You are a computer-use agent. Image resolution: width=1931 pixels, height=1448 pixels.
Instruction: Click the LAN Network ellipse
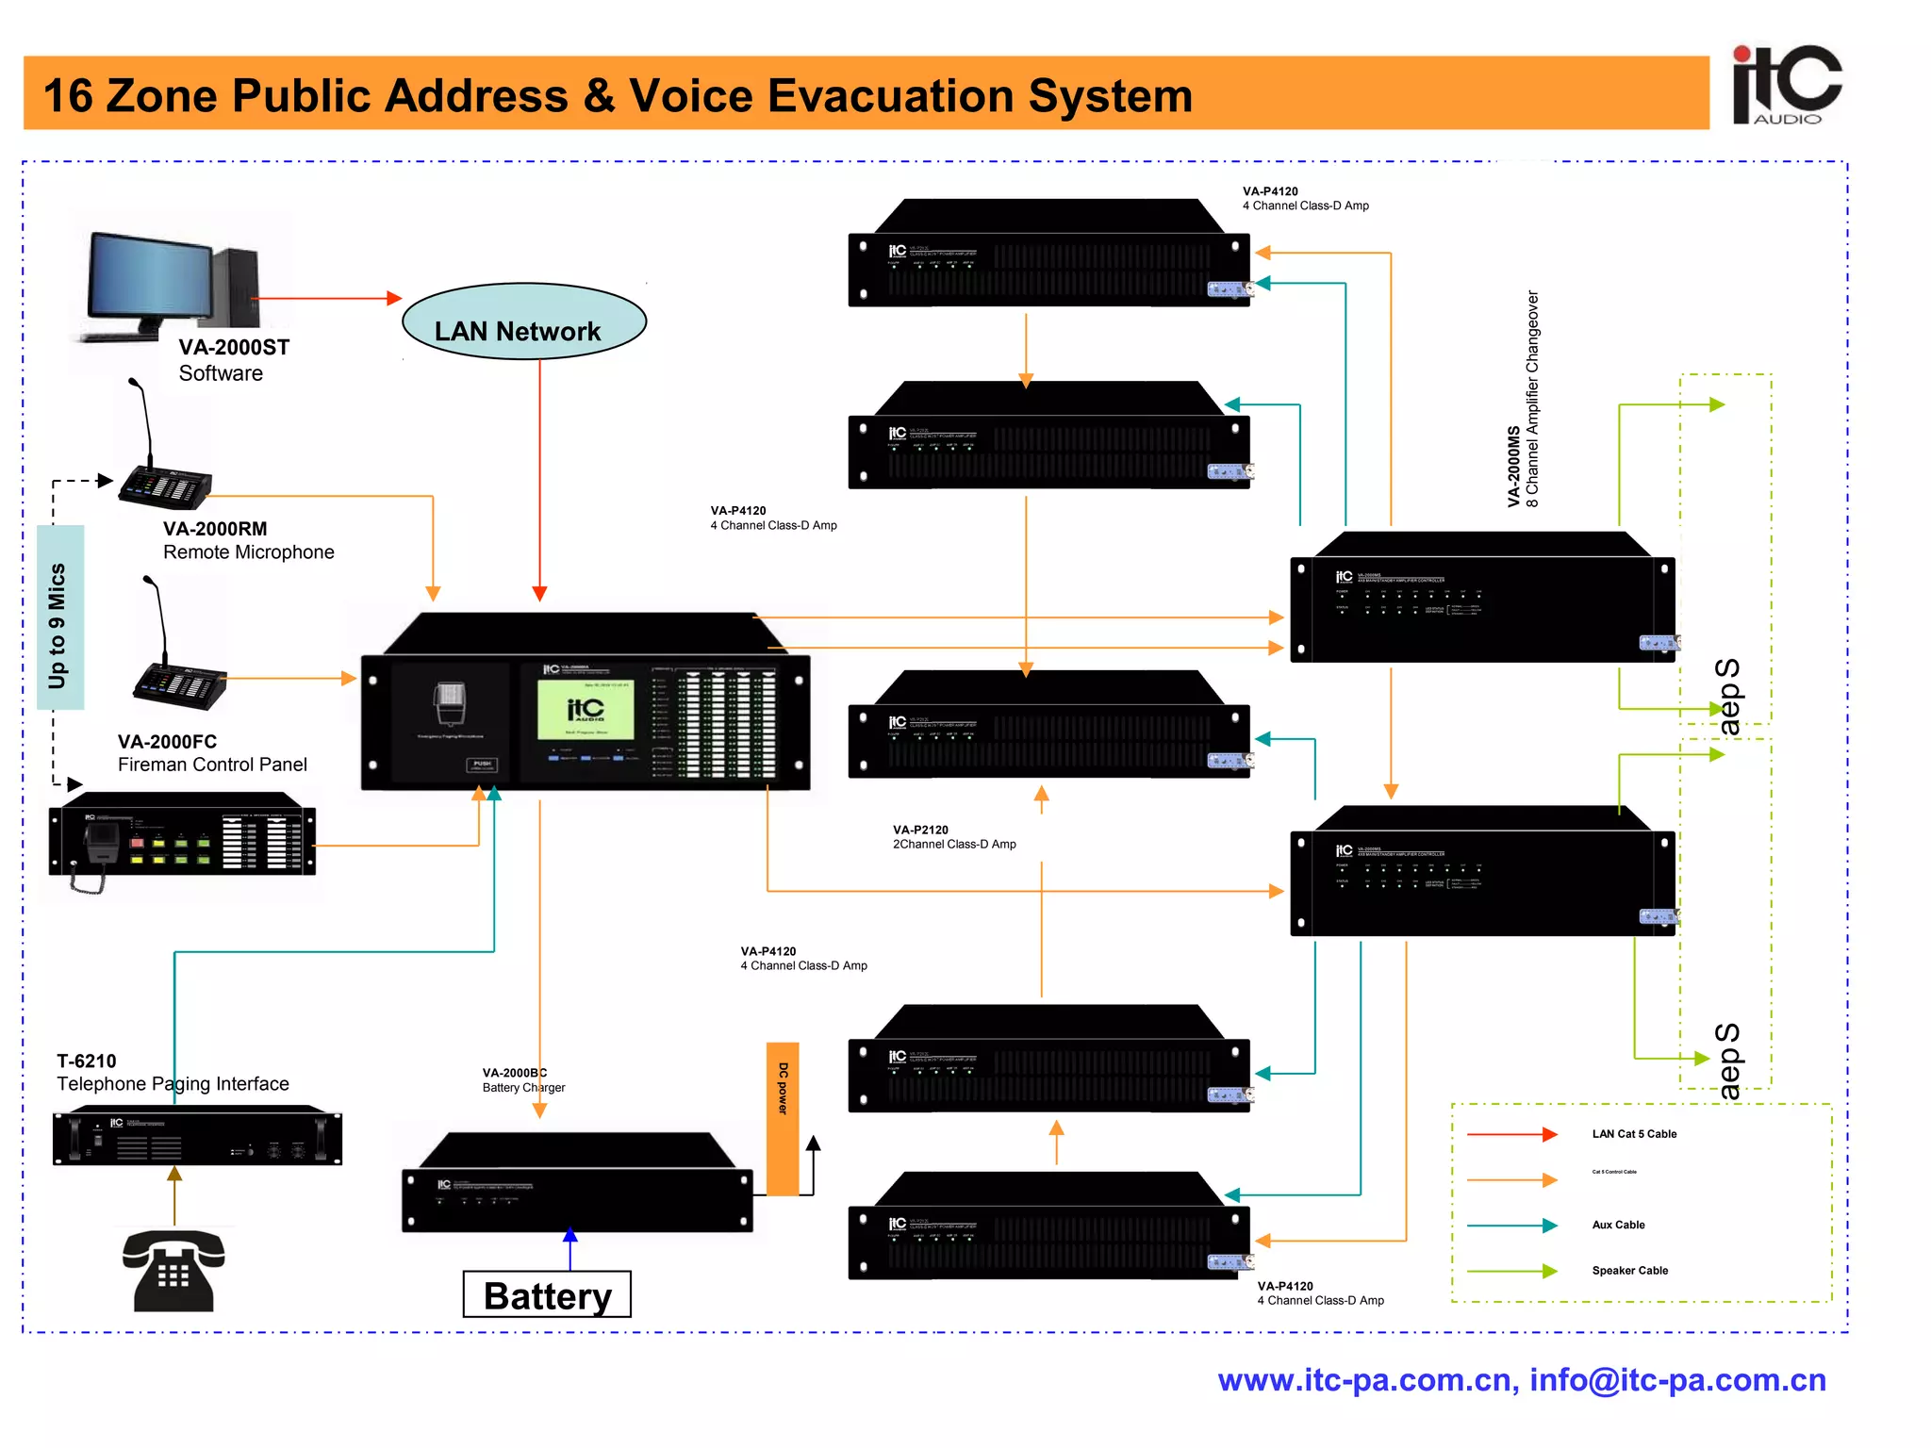pyautogui.click(x=523, y=322)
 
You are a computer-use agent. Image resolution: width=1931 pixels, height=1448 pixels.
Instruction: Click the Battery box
pyautogui.click(x=547, y=1295)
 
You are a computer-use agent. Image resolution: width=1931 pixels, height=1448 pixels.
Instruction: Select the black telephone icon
pyautogui.click(x=173, y=1271)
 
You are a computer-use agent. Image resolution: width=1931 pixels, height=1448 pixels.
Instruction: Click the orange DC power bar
pyautogui.click(x=783, y=1118)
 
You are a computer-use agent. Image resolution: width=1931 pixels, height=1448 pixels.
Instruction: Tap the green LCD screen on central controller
pyautogui.click(x=586, y=710)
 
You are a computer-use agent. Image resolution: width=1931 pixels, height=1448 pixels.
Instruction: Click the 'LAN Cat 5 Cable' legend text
pyautogui.click(x=1634, y=1134)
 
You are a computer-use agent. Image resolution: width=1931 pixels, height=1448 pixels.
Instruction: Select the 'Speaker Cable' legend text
pyautogui.click(x=1629, y=1271)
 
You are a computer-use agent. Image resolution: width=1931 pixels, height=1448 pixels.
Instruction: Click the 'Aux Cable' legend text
pyautogui.click(x=1618, y=1225)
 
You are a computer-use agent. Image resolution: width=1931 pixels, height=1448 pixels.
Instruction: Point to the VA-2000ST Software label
pyautogui.click(x=233, y=360)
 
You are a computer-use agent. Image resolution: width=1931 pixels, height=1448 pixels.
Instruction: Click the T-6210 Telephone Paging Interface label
pyautogui.click(x=173, y=1073)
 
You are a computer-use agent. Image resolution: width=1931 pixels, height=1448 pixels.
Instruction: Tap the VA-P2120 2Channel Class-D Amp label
pyautogui.click(x=953, y=837)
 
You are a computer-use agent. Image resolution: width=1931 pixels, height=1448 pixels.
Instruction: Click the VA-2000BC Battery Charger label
pyautogui.click(x=523, y=1080)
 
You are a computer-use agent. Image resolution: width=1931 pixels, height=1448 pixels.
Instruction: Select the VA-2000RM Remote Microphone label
pyautogui.click(x=248, y=540)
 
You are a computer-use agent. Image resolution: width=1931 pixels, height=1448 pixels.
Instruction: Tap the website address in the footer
pyautogui.click(x=1367, y=1380)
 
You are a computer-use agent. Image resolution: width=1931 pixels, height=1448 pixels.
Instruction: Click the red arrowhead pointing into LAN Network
pyautogui.click(x=395, y=298)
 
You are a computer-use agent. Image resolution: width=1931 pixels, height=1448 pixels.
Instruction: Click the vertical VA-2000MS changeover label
pyautogui.click(x=1522, y=400)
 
